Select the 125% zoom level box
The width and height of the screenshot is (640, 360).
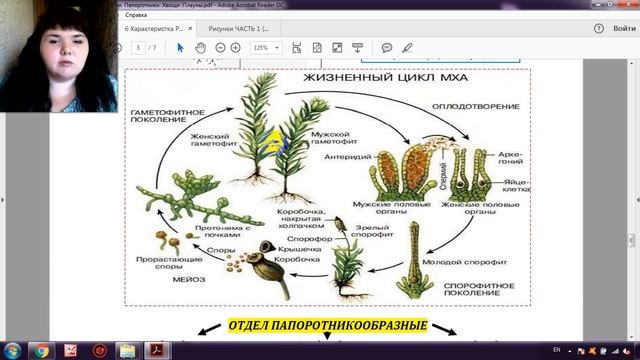[267, 47]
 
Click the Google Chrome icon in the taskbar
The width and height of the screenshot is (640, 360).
[43, 350]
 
